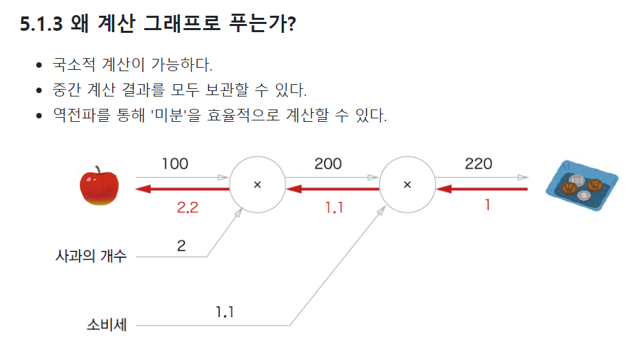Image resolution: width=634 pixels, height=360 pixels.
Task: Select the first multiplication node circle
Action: point(257,185)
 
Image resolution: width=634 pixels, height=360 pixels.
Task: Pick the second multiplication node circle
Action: point(408,185)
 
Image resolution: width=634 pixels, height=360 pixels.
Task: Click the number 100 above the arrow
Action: point(175,164)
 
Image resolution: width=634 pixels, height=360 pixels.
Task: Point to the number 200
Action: point(328,164)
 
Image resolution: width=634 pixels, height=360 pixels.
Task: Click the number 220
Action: point(478,164)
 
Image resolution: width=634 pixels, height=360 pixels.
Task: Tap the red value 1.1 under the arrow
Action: point(334,207)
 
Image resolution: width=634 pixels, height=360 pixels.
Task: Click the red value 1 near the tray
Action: point(487,204)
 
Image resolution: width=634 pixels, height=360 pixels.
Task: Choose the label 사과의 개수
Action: point(91,257)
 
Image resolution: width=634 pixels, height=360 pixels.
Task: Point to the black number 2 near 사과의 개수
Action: point(181,246)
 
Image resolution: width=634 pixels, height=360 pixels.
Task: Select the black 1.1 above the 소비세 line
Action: point(225,312)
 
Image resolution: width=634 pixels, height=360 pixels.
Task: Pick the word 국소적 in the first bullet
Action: point(73,66)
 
